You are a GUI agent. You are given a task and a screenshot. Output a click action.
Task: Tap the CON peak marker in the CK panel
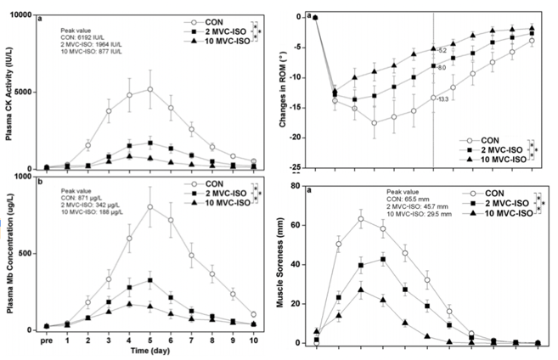(150, 89)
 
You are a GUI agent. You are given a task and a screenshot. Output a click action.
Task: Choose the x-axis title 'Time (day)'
(149, 350)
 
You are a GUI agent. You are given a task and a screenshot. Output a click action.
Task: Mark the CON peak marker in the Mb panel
(150, 206)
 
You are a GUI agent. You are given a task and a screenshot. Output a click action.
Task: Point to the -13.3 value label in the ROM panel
(444, 99)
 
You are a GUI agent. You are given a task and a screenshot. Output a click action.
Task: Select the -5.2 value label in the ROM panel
(443, 50)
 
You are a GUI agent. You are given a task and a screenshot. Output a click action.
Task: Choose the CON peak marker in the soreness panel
(361, 219)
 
